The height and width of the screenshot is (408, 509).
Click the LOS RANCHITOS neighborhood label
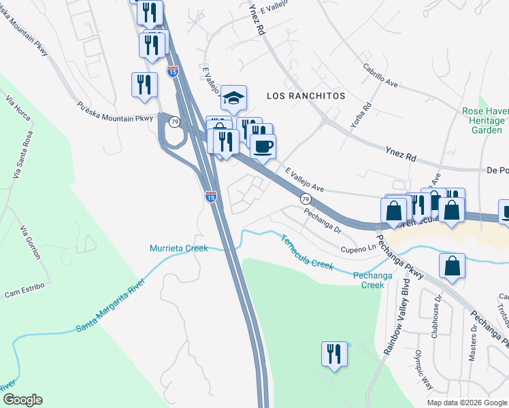[306, 96]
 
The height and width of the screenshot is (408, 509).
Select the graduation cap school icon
[233, 99]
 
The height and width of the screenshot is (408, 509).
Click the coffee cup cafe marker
[263, 145]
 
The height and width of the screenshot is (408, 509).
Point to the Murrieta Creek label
[179, 249]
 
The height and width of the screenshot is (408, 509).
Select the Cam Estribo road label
[24, 290]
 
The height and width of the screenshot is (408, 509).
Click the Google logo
[22, 400]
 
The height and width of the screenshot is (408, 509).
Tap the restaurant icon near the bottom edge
[334, 354]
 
